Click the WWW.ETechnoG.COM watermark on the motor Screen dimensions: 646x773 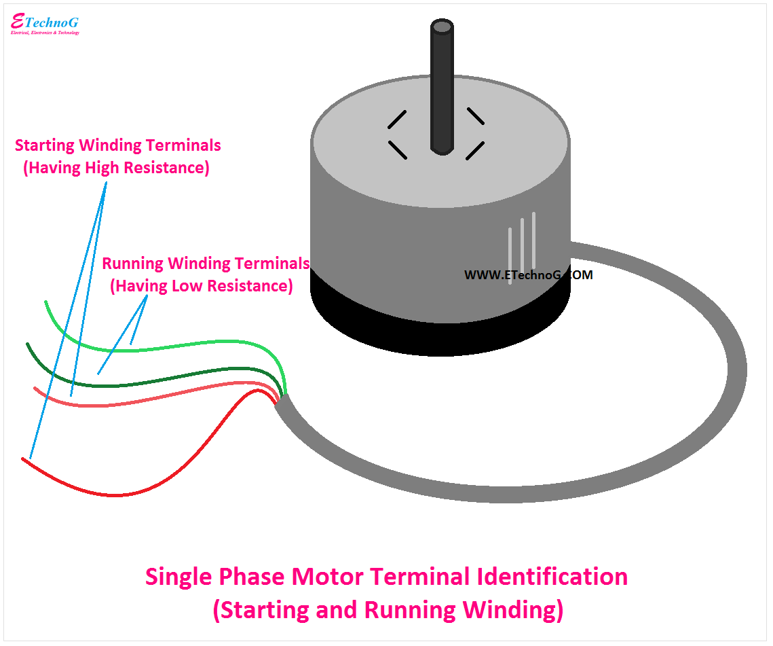pos(528,275)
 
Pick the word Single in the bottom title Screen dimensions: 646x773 pos(178,577)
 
